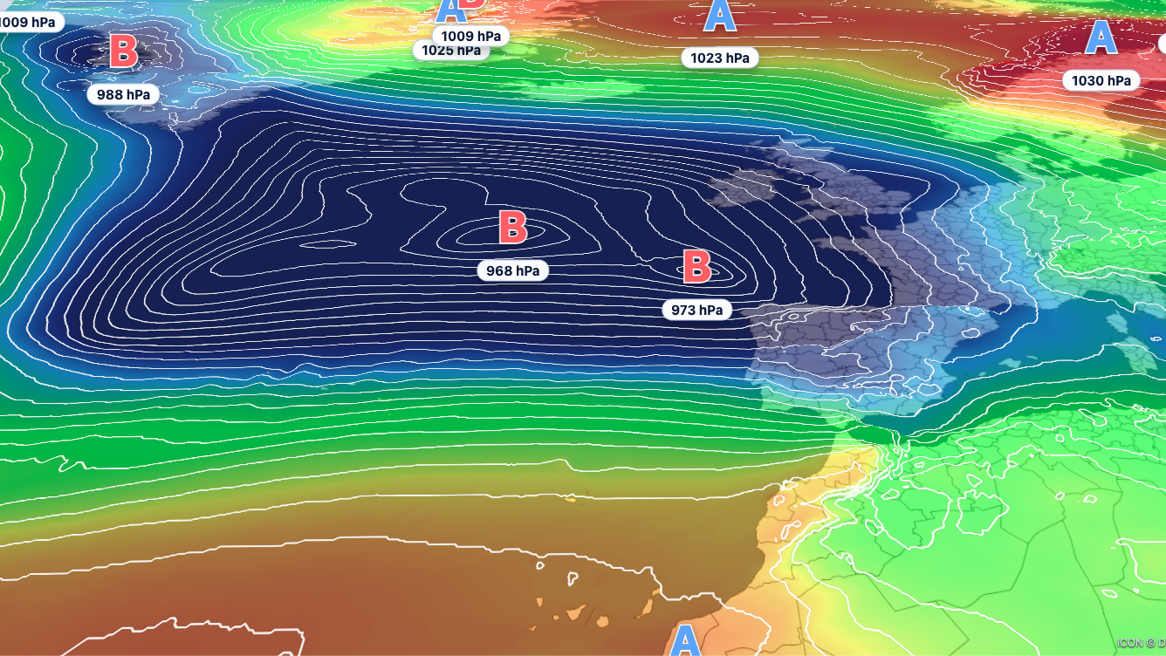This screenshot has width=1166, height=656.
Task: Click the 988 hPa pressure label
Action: [x=123, y=94]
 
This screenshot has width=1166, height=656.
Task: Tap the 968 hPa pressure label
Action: [x=513, y=270]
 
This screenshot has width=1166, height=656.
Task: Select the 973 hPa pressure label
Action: [x=696, y=309]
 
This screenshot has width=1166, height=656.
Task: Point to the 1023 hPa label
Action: [x=719, y=58]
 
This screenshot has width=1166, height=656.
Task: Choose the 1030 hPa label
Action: [x=1101, y=80]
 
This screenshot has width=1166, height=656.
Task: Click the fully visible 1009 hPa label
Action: [x=470, y=36]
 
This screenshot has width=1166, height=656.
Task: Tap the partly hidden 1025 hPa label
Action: [x=450, y=51]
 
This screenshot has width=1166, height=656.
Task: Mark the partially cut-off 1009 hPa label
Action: [x=30, y=20]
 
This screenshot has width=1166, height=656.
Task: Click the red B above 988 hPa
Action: [x=123, y=51]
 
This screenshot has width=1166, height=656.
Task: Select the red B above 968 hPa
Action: [x=513, y=227]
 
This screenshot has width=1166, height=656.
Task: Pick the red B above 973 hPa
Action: [x=696, y=267]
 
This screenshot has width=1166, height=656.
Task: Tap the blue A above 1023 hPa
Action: [x=719, y=16]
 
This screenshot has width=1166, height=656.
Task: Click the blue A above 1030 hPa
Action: [x=1101, y=38]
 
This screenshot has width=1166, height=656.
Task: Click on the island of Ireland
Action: [x=742, y=188]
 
